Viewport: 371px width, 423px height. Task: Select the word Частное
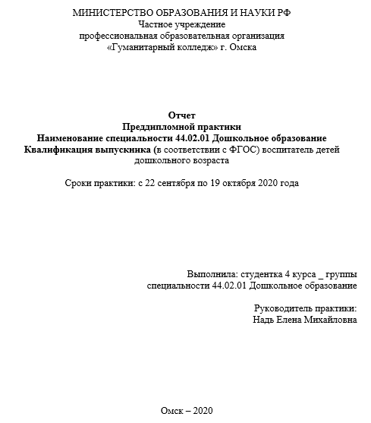156,24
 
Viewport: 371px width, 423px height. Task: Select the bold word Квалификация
67,150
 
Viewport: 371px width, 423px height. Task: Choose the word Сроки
80,184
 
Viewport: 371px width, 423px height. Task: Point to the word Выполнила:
212,273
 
